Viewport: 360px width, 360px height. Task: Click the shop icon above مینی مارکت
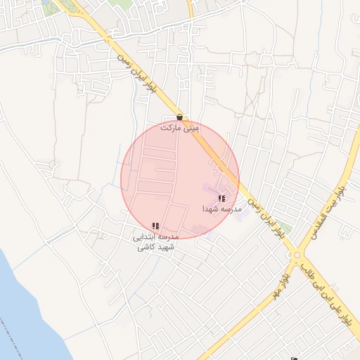pyautogui.click(x=180, y=117)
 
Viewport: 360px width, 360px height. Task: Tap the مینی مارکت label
pyautogui.click(x=180, y=129)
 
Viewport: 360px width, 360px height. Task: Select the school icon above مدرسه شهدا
pyautogui.click(x=222, y=198)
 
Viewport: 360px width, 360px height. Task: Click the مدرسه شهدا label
pyautogui.click(x=222, y=210)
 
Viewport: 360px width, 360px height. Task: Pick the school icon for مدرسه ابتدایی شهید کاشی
pyautogui.click(x=155, y=226)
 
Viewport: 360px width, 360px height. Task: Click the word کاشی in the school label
pyautogui.click(x=143, y=247)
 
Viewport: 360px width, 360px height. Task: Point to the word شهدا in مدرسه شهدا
pyautogui.click(x=212, y=210)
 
